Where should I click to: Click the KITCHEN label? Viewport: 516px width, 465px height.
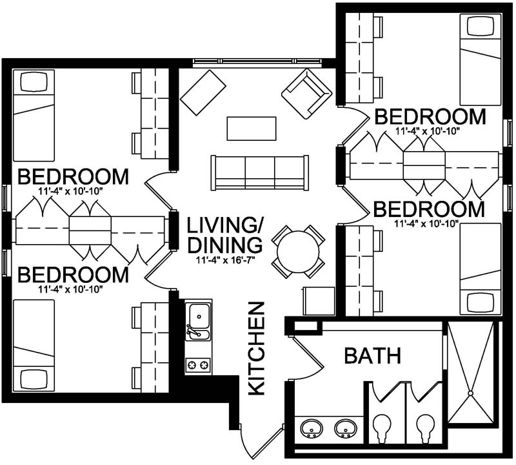256,348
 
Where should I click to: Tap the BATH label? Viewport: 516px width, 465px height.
373,356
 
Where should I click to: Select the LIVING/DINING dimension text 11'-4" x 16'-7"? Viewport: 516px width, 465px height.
225,260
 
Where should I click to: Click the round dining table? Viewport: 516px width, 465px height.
298,252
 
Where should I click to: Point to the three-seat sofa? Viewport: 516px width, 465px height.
260,172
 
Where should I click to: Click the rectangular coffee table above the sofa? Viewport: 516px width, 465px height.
252,129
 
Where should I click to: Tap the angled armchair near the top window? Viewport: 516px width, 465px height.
306,94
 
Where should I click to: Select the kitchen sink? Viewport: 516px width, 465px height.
199,322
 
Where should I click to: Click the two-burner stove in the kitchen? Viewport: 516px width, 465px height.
198,366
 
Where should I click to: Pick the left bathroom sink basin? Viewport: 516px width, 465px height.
311,428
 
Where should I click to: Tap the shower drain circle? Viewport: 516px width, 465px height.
470,393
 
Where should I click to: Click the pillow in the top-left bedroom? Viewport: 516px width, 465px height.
34,82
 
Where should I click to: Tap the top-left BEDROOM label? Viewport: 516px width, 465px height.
73,177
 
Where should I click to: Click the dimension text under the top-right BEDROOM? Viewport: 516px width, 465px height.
427,131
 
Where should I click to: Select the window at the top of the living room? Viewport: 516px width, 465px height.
257,61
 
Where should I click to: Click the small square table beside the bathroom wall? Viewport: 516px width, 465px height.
319,300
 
